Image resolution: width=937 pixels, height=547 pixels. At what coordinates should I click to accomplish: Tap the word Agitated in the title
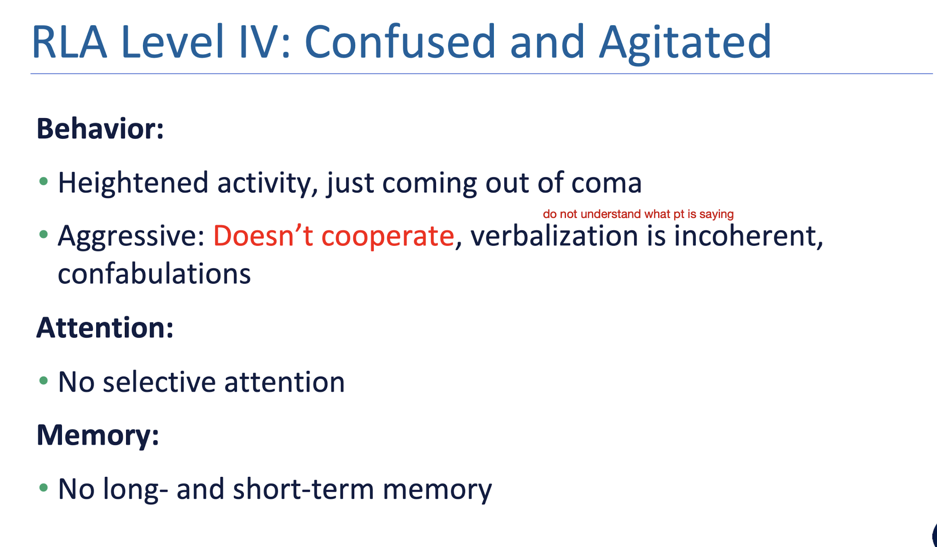[685, 42]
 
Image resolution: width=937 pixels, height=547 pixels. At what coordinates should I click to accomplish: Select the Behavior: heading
[100, 128]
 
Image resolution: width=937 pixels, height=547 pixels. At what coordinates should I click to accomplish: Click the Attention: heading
[105, 328]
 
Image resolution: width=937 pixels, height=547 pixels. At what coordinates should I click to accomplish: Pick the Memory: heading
[97, 435]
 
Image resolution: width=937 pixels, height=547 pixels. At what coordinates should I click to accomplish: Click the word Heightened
[133, 183]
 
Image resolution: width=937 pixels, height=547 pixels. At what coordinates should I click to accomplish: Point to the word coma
[606, 183]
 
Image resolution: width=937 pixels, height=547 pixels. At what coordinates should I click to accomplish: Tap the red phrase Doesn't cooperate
[333, 236]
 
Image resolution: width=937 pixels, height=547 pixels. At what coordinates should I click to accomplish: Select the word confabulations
[154, 273]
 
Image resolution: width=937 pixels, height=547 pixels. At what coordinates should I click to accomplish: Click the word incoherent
[748, 236]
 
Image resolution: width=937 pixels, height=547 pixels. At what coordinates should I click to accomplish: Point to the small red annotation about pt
[638, 214]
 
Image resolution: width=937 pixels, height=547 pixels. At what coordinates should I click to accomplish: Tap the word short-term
[303, 489]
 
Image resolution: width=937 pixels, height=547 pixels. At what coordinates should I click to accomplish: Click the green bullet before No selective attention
[43, 381]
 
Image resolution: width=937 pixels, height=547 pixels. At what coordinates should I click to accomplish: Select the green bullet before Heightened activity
[43, 181]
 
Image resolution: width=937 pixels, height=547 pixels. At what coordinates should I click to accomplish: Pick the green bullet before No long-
[43, 488]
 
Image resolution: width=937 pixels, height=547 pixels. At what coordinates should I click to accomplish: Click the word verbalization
[554, 236]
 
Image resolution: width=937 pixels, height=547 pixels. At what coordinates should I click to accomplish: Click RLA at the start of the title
[69, 42]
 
